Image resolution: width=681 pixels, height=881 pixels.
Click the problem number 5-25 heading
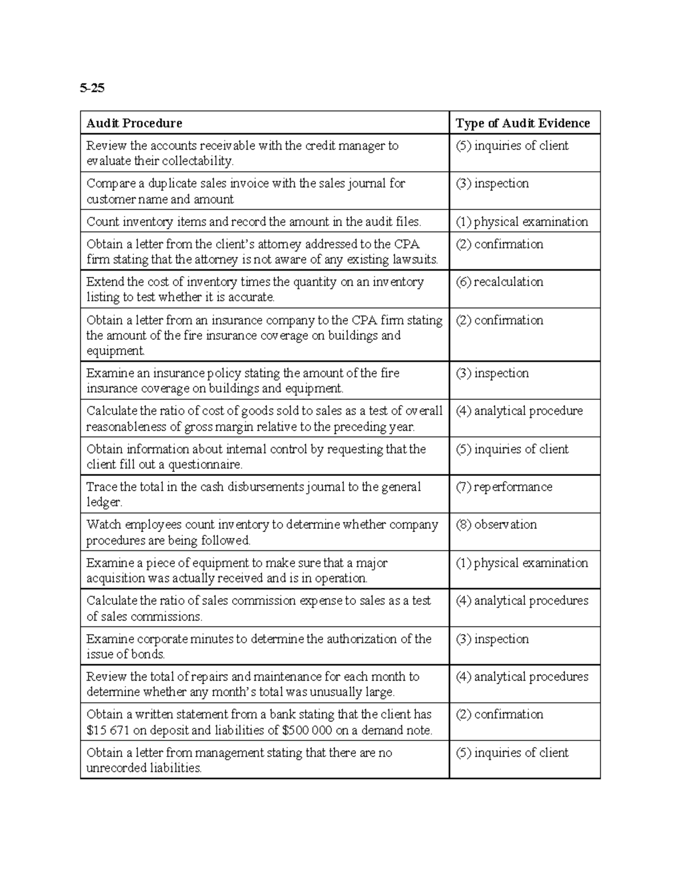(92, 88)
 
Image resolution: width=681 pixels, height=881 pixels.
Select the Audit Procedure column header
(134, 123)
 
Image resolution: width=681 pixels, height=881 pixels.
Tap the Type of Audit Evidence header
(523, 123)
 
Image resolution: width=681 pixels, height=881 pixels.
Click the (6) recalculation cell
(499, 282)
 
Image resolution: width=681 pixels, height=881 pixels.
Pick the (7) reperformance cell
(504, 487)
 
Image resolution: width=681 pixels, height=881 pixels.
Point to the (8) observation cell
(496, 525)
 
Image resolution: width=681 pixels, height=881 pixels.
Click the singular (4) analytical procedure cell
(519, 411)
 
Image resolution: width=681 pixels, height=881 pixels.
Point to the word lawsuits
(415, 260)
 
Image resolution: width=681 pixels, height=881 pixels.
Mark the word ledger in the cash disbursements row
(104, 502)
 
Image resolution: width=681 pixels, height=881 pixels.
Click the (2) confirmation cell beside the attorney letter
(499, 245)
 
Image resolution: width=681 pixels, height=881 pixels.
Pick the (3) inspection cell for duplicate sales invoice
(492, 184)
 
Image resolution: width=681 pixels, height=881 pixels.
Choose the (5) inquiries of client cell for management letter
(512, 753)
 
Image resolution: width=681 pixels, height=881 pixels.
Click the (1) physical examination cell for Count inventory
(522, 222)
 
